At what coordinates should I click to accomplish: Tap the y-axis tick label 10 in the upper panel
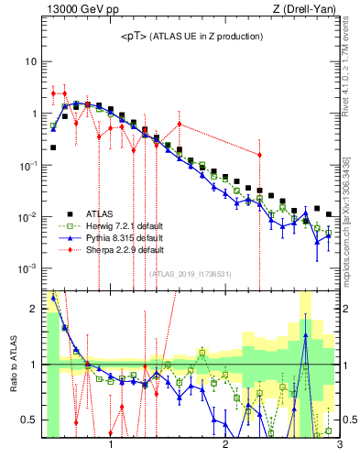coord(30,61)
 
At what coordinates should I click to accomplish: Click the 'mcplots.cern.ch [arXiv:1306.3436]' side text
coord(345,216)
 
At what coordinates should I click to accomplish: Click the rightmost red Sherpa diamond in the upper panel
coord(260,155)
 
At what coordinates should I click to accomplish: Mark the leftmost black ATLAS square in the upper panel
coord(53,147)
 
